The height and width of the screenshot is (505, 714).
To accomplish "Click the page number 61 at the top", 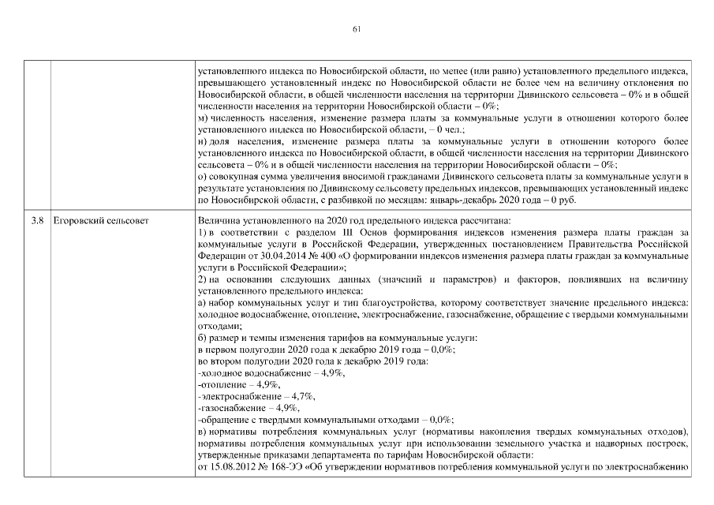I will [357, 29].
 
